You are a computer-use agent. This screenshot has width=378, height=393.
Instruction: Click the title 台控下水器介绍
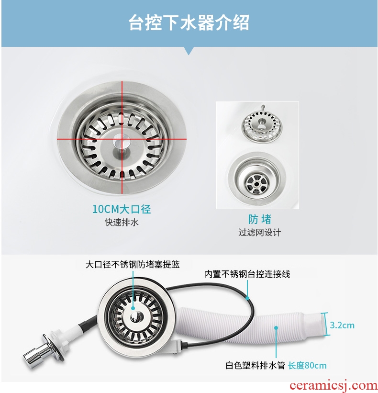pos(189,22)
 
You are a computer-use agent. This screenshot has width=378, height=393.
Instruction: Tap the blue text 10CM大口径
pos(122,209)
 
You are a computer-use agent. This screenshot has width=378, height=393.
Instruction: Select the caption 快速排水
pos(122,222)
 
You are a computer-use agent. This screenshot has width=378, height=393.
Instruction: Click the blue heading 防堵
pos(260,219)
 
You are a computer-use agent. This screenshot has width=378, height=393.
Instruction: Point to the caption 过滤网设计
pos(260,233)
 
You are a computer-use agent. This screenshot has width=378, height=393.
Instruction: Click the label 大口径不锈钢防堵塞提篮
pos(133,265)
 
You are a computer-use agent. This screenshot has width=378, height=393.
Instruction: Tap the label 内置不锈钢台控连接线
pos(247,274)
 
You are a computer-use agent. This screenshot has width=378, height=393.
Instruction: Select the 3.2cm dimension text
pos(342,326)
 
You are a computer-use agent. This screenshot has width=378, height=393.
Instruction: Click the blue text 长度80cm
pos(307,365)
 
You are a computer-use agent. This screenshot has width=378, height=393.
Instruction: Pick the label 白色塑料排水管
pos(255,365)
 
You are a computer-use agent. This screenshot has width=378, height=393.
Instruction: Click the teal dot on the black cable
pos(247,298)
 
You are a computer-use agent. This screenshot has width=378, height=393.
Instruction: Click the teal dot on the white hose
pos(276,328)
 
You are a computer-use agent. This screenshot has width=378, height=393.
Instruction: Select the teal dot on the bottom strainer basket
pos(133,308)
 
